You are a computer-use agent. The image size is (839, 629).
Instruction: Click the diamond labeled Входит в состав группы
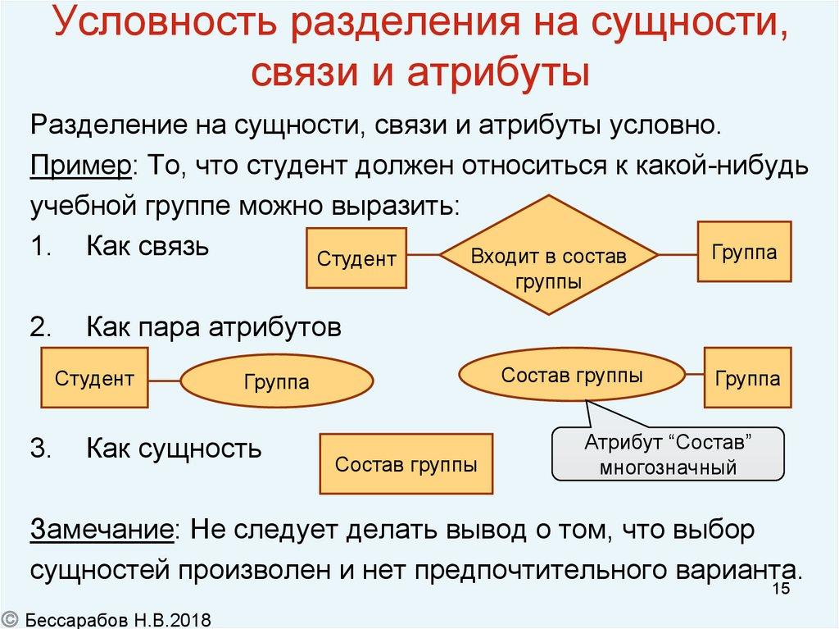pyautogui.click(x=548, y=257)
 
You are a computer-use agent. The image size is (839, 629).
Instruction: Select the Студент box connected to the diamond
pyautogui.click(x=356, y=258)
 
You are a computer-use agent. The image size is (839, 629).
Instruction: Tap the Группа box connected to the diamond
pyautogui.click(x=744, y=252)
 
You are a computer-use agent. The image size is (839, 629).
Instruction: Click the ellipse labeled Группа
pyautogui.click(x=276, y=381)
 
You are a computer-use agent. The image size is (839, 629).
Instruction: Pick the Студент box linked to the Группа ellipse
pyautogui.click(x=94, y=378)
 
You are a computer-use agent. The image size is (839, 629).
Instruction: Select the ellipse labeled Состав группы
pyautogui.click(x=572, y=376)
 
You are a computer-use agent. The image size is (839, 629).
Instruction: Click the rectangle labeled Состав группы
pyautogui.click(x=406, y=464)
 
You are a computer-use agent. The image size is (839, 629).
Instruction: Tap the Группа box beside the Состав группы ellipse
pyautogui.click(x=747, y=378)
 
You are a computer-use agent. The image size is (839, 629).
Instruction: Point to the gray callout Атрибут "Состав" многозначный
pyautogui.click(x=669, y=454)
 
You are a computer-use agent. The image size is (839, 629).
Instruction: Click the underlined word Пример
pyautogui.click(x=83, y=166)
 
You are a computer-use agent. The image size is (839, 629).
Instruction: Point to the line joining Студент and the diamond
pyautogui.click(x=424, y=257)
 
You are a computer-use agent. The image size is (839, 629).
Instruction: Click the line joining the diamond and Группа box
pyautogui.click(x=677, y=255)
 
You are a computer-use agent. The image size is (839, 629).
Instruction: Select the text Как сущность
pyautogui.click(x=174, y=449)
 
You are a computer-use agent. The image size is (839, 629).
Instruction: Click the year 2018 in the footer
pyautogui.click(x=193, y=618)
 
